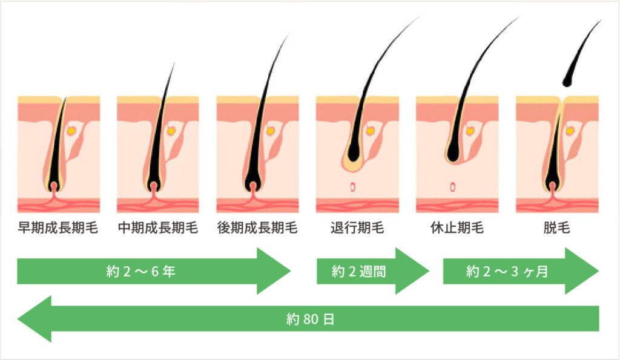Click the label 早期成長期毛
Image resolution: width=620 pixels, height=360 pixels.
click(58, 229)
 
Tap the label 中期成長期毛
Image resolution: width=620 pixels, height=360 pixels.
click(157, 229)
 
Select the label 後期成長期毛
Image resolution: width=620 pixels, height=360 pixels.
click(257, 229)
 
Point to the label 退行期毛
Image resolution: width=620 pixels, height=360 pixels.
click(357, 229)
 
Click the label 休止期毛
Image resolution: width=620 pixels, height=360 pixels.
click(457, 229)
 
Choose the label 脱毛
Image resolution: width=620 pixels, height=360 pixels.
click(556, 229)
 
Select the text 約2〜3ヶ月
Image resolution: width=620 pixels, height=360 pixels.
click(507, 272)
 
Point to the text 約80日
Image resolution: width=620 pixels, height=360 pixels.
click(310, 319)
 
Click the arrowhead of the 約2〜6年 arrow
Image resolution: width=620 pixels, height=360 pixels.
click(275, 271)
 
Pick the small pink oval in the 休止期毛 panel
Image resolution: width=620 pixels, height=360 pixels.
click(452, 187)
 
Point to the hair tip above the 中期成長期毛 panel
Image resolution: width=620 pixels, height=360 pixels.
click(173, 64)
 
